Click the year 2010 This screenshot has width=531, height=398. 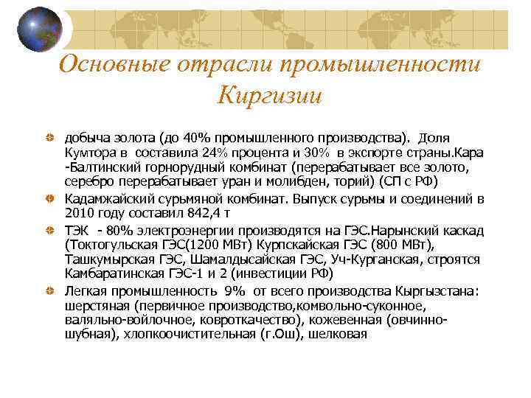tap(80, 213)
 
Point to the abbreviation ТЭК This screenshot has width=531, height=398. tap(77, 230)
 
